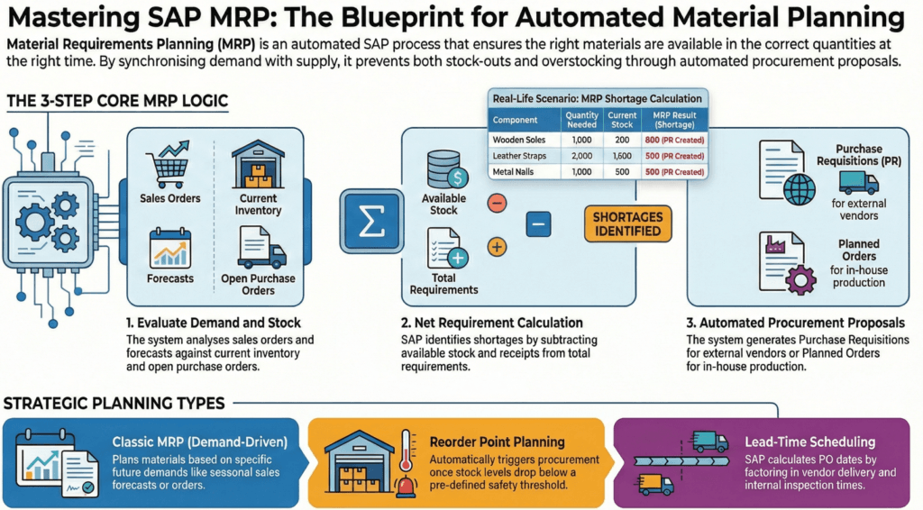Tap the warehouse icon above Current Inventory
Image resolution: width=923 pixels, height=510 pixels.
coord(260,163)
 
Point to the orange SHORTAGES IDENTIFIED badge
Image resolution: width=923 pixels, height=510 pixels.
coord(627,223)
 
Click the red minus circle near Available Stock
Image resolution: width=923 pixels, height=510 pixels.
coord(496,203)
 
